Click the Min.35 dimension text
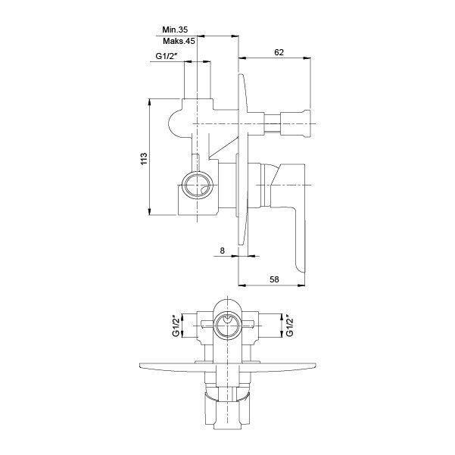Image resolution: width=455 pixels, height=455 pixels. [x=175, y=30]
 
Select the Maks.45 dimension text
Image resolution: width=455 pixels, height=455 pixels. [x=179, y=41]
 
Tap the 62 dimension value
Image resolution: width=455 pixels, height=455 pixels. [x=279, y=52]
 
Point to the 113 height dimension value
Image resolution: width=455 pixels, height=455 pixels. [x=144, y=158]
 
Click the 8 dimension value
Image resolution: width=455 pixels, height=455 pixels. [x=223, y=251]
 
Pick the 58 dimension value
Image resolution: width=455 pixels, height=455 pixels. [x=274, y=279]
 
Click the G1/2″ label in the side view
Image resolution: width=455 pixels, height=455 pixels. [x=167, y=56]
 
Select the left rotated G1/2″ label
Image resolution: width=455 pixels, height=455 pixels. [x=176, y=326]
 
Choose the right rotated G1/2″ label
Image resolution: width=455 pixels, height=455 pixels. [x=289, y=326]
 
